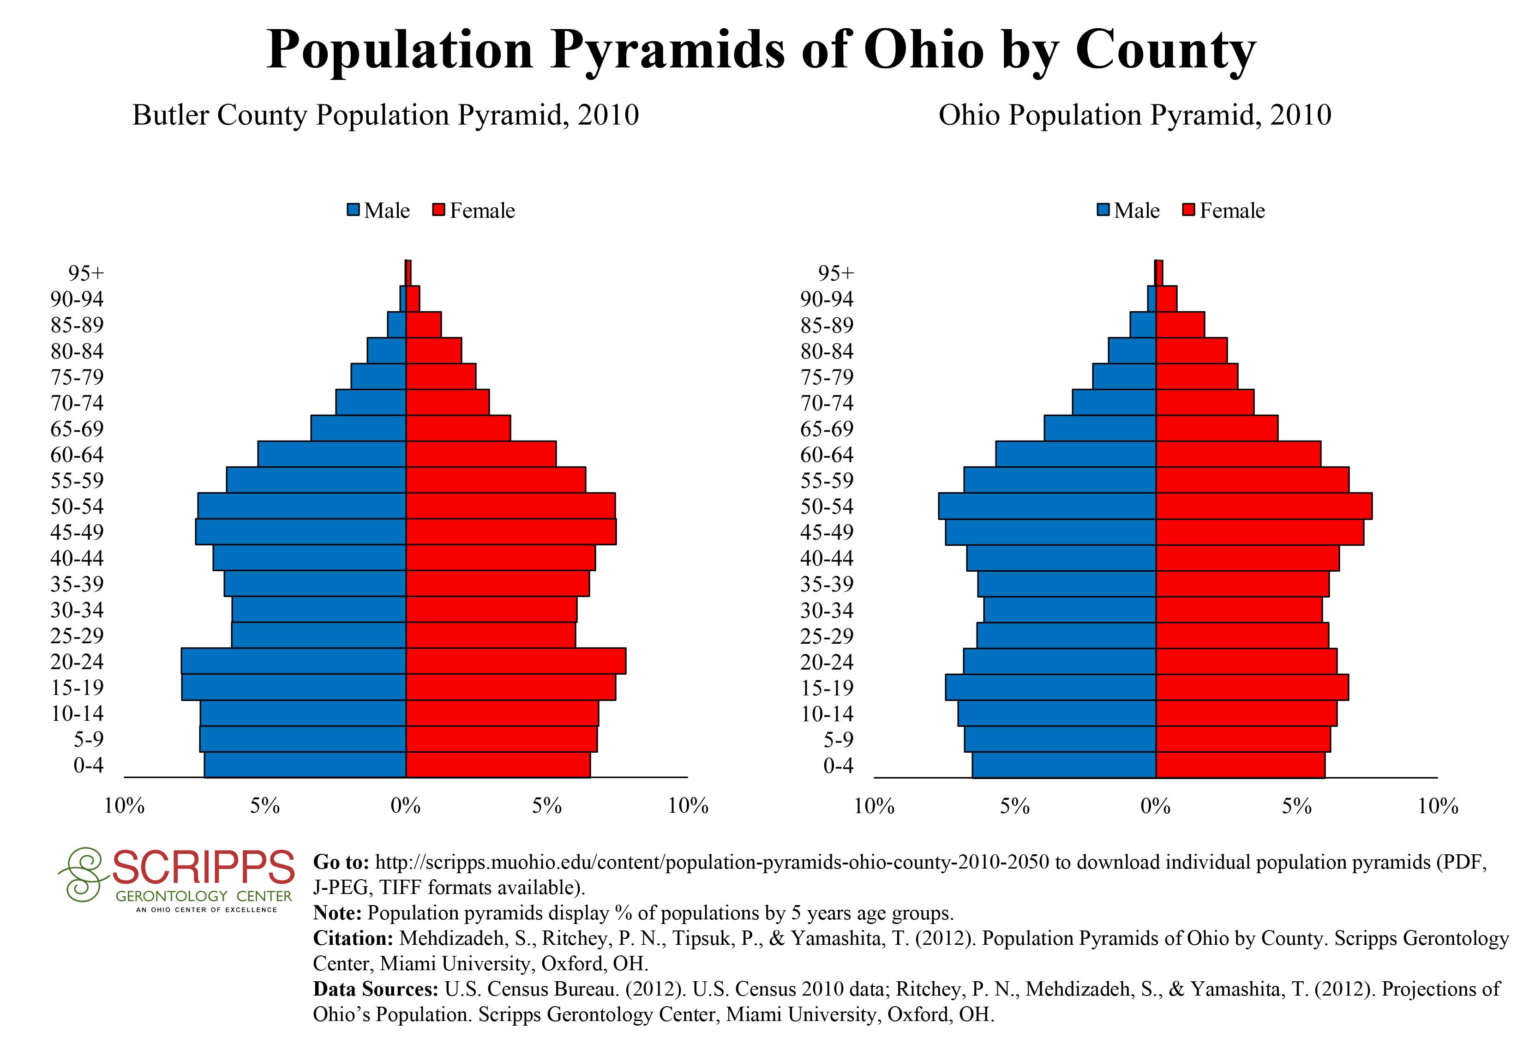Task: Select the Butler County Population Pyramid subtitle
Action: [385, 115]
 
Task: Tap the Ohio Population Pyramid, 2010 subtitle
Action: [1134, 115]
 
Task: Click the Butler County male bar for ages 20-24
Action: [294, 661]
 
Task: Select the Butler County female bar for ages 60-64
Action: [481, 453]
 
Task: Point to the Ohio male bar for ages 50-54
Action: [1047, 506]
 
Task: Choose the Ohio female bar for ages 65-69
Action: [1216, 428]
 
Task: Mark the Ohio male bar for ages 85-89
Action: [1142, 325]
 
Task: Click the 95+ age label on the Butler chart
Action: [86, 273]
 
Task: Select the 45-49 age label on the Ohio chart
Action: [827, 532]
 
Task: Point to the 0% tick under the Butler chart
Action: [406, 806]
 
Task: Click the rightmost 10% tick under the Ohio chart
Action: [1438, 806]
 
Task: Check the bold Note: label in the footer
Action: [337, 913]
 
